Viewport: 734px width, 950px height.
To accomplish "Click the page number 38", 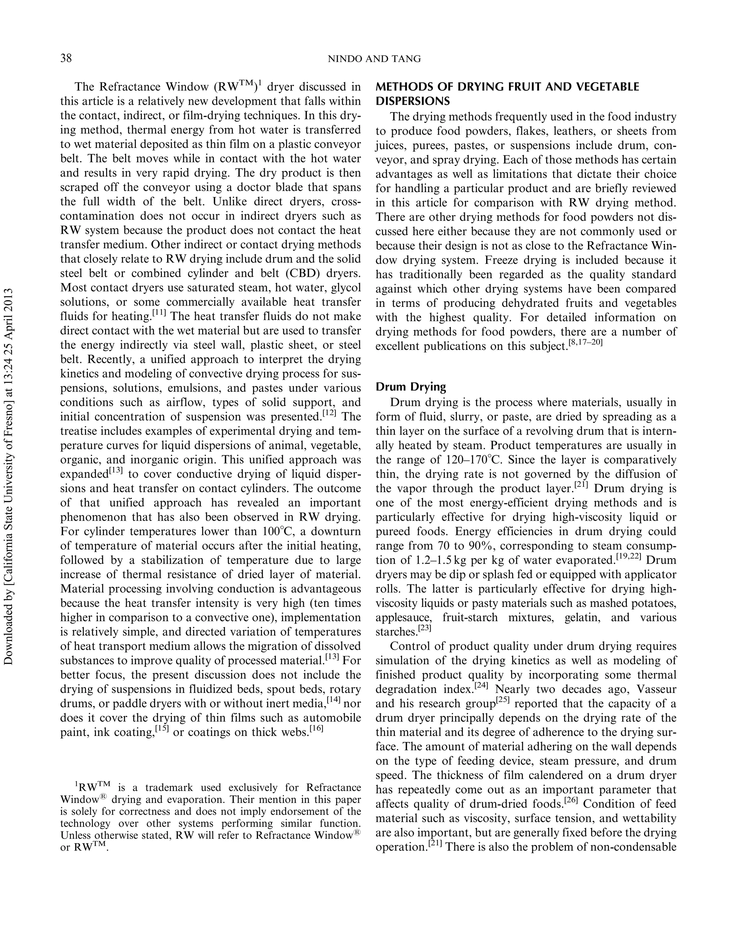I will click(66, 58).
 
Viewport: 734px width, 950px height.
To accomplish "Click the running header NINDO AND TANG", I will click(374, 59).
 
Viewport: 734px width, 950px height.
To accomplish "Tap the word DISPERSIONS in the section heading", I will click(412, 101).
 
